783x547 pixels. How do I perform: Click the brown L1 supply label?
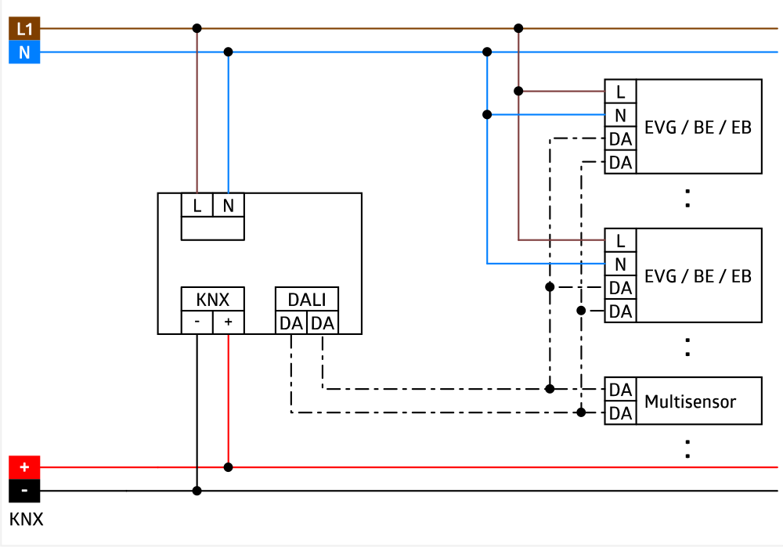point(24,30)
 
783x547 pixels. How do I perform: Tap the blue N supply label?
point(24,53)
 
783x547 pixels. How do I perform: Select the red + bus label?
point(24,467)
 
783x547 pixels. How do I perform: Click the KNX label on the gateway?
point(213,300)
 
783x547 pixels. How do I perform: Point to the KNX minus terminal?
point(197,322)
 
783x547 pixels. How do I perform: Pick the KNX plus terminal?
point(229,322)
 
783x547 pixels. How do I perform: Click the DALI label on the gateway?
point(307,300)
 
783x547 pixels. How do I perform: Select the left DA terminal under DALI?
point(291,323)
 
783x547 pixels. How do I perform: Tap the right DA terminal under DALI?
point(323,323)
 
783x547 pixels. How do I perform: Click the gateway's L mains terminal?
point(197,206)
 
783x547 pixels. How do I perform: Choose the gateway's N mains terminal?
point(229,206)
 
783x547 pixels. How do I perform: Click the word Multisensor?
point(690,401)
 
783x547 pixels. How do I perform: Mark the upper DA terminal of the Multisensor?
point(621,390)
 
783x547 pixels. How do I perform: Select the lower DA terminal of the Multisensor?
point(621,413)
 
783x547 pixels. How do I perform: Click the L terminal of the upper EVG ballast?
point(621,92)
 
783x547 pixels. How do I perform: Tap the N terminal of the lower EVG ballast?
point(621,264)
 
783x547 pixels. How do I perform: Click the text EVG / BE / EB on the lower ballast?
point(698,275)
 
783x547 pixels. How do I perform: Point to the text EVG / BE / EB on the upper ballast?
point(698,127)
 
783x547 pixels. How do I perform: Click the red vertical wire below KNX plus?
point(228,399)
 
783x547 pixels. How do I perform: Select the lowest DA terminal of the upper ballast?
point(621,162)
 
